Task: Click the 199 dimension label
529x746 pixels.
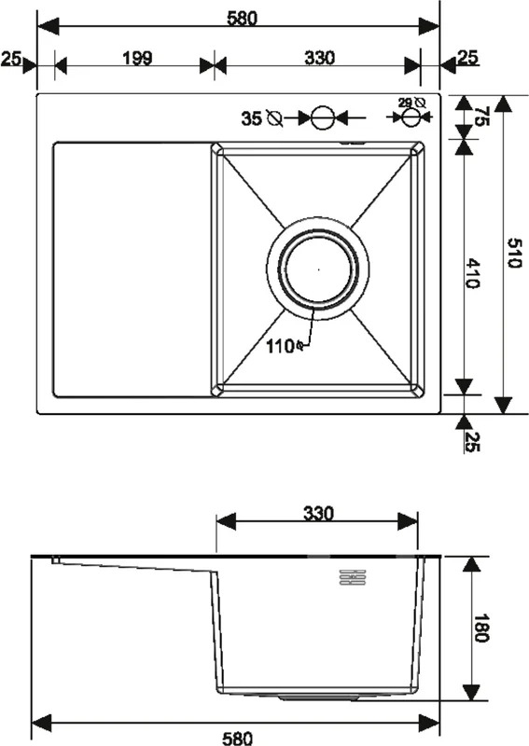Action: pos(137,58)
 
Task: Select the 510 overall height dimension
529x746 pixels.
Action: pos(513,253)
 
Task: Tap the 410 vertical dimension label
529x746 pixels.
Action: pos(472,273)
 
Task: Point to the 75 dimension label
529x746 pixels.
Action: pos(480,116)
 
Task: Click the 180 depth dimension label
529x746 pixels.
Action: pos(481,628)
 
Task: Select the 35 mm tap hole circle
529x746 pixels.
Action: pos(323,117)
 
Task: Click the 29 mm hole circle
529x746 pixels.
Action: pos(411,117)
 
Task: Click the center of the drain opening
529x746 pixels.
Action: pos(318,269)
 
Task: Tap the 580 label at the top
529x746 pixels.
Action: pos(242,18)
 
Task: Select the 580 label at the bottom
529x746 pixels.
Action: pos(237,738)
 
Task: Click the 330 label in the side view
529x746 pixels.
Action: pos(318,514)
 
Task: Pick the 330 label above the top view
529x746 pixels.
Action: pos(320,58)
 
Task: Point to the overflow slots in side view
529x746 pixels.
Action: pos(352,576)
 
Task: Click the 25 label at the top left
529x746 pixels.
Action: pos(10,59)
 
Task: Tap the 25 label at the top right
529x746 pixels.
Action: pos(467,58)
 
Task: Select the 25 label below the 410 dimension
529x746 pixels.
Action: pos(472,441)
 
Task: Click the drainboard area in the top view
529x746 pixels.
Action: pos(132,269)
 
